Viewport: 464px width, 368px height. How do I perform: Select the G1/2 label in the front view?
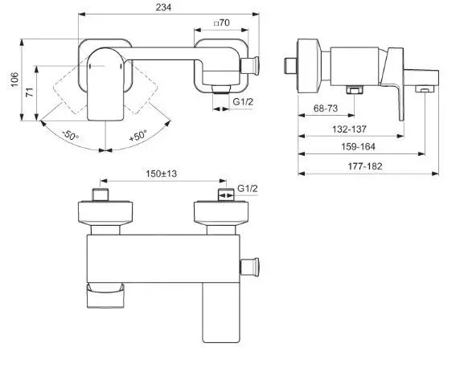(244, 104)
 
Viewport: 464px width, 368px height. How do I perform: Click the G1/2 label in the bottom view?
(248, 189)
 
